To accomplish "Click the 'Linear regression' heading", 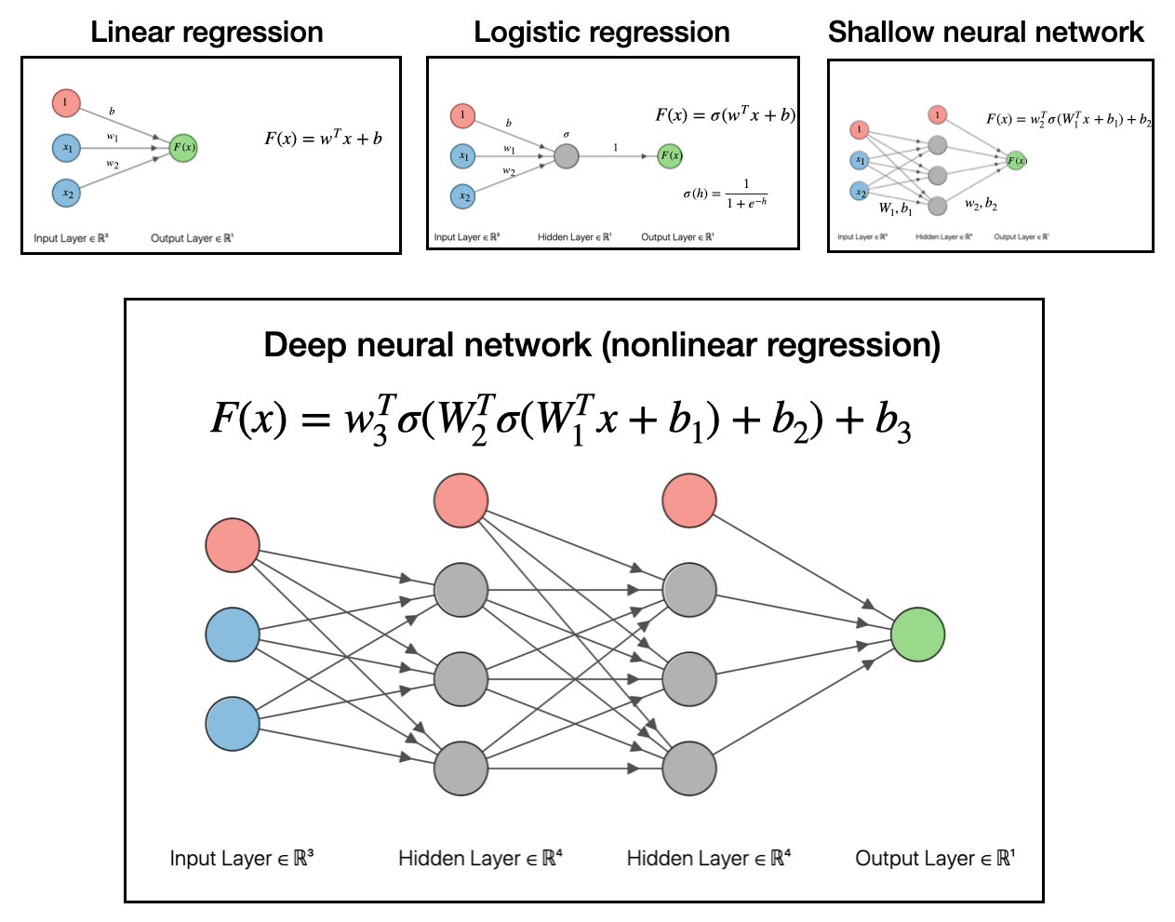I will [207, 33].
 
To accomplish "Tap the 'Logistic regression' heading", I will [601, 33].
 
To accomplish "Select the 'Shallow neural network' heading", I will [985, 33].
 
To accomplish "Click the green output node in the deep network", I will [917, 635].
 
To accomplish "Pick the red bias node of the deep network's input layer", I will [232, 545].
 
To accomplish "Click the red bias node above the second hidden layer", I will [689, 501].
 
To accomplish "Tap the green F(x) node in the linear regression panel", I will [183, 147].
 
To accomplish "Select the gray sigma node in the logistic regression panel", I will [567, 155].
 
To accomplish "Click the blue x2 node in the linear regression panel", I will [66, 194].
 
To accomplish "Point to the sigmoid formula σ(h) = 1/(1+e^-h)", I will [725, 194].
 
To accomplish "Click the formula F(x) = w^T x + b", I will [323, 139].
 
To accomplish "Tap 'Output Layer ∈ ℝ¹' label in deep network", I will [935, 858].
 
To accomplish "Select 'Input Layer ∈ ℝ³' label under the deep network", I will [242, 858].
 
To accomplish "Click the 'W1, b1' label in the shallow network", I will [895, 209].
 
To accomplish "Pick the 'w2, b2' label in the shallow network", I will [981, 204].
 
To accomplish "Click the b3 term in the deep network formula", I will [892, 421].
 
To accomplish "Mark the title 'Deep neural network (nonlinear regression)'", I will [602, 345].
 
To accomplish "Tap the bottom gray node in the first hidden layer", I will [461, 768].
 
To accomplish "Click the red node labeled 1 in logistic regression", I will [462, 116].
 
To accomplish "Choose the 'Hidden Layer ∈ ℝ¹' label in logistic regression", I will [574, 237].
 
